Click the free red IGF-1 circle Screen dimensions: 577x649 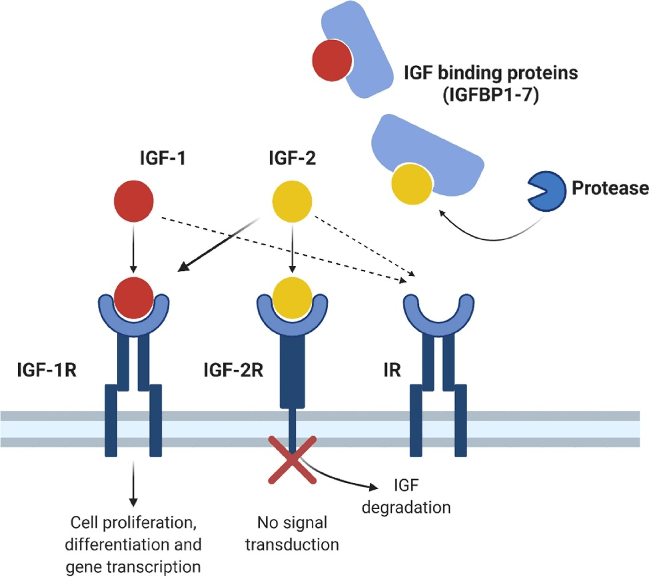pos(133,200)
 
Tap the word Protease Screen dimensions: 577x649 pos(610,189)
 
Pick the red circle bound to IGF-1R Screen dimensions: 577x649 pos(133,295)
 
